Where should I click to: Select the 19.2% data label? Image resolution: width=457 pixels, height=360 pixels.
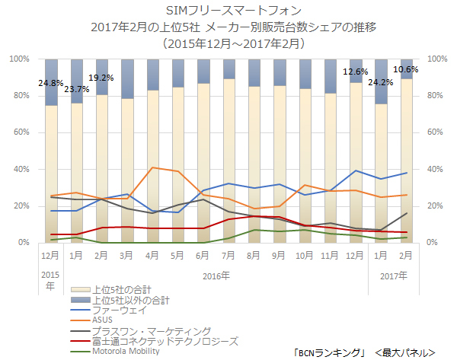[101, 78]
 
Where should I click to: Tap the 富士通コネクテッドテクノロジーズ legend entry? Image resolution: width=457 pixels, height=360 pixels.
[165, 341]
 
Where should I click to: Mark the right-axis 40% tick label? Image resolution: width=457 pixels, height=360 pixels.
[438, 169]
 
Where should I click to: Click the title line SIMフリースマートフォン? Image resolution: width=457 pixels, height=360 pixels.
[228, 11]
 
